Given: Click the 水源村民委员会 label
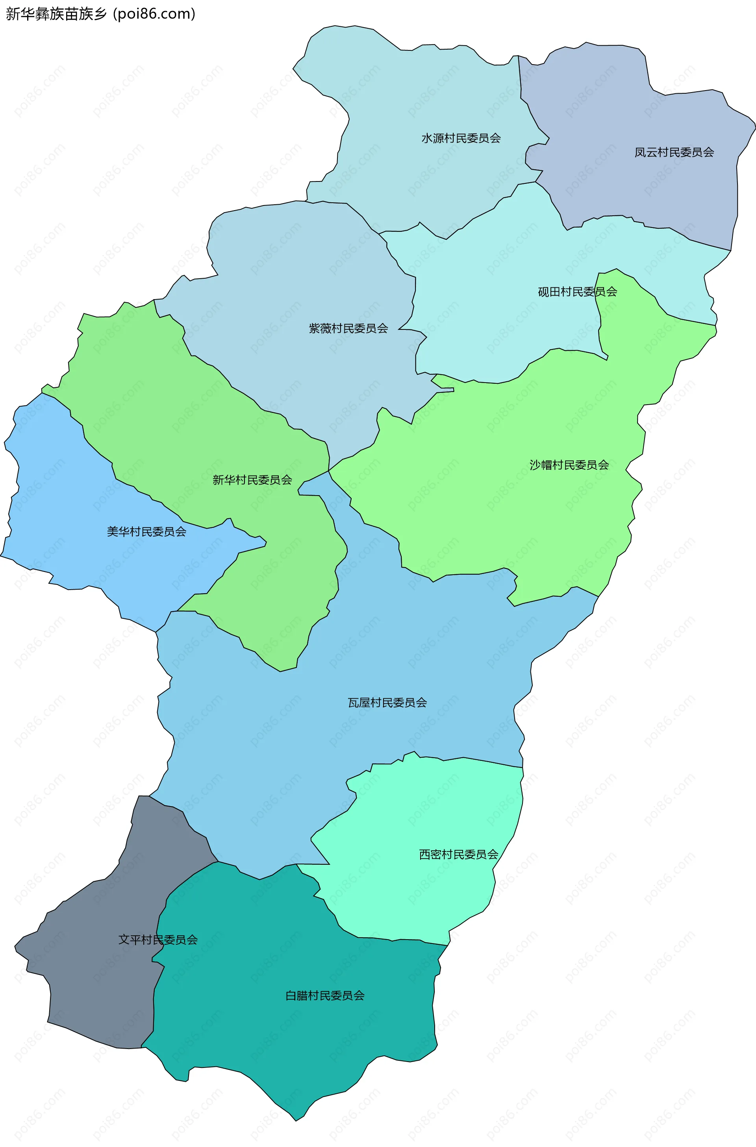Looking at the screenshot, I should click(461, 138).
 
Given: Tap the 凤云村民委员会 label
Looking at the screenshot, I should click(674, 152).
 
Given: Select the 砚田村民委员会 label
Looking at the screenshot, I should click(577, 292).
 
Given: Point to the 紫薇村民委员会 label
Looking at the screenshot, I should click(348, 329).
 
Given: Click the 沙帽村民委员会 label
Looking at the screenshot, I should click(569, 465).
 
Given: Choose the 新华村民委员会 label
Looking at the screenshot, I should click(252, 480).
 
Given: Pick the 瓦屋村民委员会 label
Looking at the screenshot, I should click(387, 703).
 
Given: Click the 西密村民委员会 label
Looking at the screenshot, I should click(458, 855).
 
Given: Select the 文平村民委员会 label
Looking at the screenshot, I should click(157, 940).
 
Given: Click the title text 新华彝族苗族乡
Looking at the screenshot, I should click(56, 13).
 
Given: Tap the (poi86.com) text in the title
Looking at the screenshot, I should click(154, 13).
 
